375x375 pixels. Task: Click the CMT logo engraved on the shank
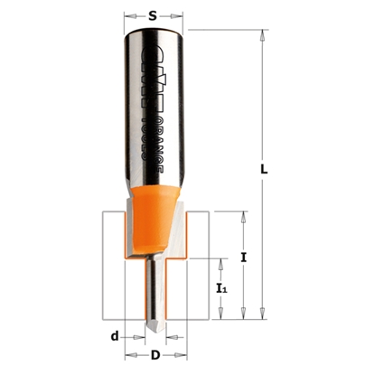pos(148,68)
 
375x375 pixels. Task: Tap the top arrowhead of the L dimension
pos(260,35)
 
